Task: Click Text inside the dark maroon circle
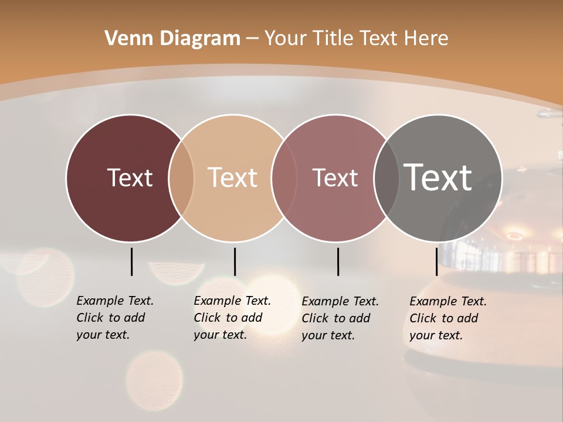tap(130, 178)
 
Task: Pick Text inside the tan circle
tap(233, 178)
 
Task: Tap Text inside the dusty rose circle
tap(335, 178)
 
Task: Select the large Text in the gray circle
tap(438, 178)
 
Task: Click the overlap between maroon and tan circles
tap(181, 178)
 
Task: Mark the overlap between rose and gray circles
tap(386, 178)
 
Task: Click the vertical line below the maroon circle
tap(131, 261)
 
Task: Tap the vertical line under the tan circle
tap(235, 261)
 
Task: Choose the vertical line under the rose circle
tap(338, 261)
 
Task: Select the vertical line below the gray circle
tap(436, 261)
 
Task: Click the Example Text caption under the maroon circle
tap(115, 318)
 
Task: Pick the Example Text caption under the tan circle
tap(232, 318)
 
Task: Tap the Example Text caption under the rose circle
tap(340, 318)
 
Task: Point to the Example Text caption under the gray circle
tap(448, 318)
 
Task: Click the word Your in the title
tap(286, 38)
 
